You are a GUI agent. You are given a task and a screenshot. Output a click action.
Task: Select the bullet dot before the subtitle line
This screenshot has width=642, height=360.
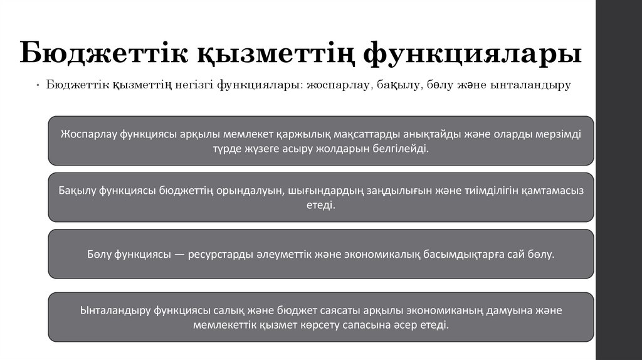point(38,86)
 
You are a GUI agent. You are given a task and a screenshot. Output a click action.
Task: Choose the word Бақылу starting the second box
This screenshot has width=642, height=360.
point(76,191)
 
